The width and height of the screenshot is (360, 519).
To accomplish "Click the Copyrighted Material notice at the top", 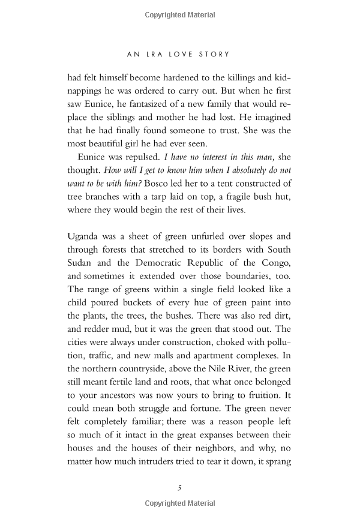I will (179, 13).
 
